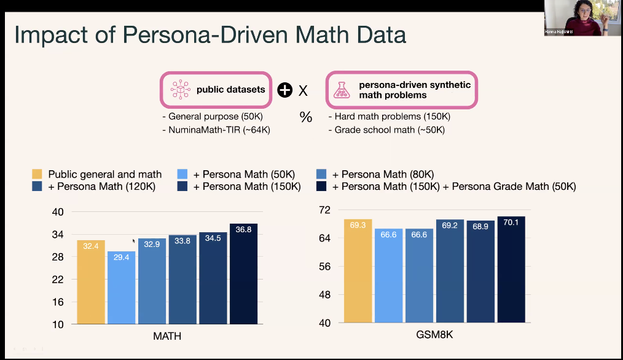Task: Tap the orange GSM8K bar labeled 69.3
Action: [358, 270]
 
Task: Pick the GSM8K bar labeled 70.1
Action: [511, 269]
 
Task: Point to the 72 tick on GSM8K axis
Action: [325, 210]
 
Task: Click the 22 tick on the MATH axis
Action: [58, 280]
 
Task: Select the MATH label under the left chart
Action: [167, 336]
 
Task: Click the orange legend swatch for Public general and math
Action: [37, 174]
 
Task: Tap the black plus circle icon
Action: [284, 90]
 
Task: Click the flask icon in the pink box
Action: [340, 90]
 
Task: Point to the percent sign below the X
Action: [306, 117]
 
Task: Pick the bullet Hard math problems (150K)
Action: [390, 117]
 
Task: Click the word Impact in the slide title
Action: [50, 35]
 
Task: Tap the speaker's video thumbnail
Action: [581, 18]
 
